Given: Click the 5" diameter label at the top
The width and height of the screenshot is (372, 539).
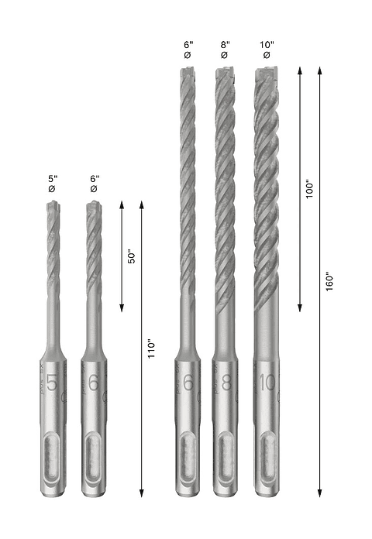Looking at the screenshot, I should coord(53,183).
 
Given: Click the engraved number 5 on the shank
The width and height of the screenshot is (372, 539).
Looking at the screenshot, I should coord(52,383).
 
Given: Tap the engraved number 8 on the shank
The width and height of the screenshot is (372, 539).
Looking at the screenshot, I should coord(225,383).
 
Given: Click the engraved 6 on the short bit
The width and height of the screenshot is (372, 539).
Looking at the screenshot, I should coord(94,383).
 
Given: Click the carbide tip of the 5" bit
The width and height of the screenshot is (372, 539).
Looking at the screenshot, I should coord(53,207).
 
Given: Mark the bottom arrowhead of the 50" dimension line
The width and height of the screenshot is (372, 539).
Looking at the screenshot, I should coord(122,309).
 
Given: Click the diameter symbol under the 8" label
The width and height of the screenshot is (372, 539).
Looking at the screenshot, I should coord(224,55).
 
